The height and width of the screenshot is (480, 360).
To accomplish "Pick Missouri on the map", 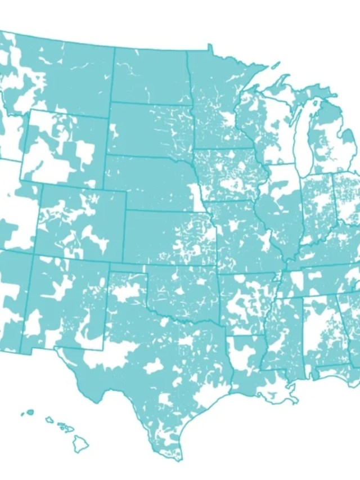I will (242, 231).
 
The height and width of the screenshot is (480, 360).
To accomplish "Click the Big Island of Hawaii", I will (80, 443).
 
